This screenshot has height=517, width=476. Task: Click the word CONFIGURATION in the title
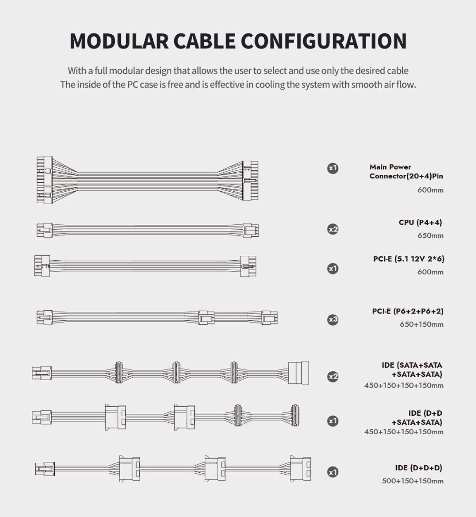pyautogui.click(x=324, y=41)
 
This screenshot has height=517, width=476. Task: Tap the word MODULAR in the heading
pyautogui.click(x=119, y=41)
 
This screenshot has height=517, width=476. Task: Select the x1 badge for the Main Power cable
pyautogui.click(x=333, y=168)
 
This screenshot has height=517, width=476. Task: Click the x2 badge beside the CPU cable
pyautogui.click(x=333, y=229)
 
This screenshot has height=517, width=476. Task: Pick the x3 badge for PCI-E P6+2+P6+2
pyautogui.click(x=333, y=320)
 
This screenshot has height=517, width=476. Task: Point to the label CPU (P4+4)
pyautogui.click(x=420, y=223)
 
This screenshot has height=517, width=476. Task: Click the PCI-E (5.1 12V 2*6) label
pyautogui.click(x=409, y=259)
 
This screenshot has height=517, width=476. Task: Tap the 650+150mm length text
pyautogui.click(x=422, y=324)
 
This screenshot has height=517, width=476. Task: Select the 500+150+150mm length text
pyautogui.click(x=413, y=481)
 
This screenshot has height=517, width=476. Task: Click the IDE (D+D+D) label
pyautogui.click(x=418, y=468)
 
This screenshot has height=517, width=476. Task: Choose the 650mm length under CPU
pyautogui.click(x=430, y=236)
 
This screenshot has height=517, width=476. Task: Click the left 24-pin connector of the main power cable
pyautogui.click(x=45, y=180)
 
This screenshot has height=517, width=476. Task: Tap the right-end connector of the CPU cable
pyautogui.click(x=251, y=231)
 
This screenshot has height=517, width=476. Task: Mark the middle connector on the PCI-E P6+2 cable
pyautogui.click(x=206, y=318)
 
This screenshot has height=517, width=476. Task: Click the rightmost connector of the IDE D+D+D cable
pyautogui.click(x=300, y=468)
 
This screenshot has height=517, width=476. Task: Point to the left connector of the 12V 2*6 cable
pyautogui.click(x=42, y=266)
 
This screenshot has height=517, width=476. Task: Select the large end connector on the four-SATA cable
pyautogui.click(x=298, y=373)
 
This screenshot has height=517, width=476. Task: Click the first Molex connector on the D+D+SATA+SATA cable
pyautogui.click(x=115, y=417)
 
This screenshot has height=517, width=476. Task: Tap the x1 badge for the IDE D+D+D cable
pyautogui.click(x=333, y=472)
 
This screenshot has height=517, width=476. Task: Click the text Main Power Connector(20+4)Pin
pyautogui.click(x=406, y=171)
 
